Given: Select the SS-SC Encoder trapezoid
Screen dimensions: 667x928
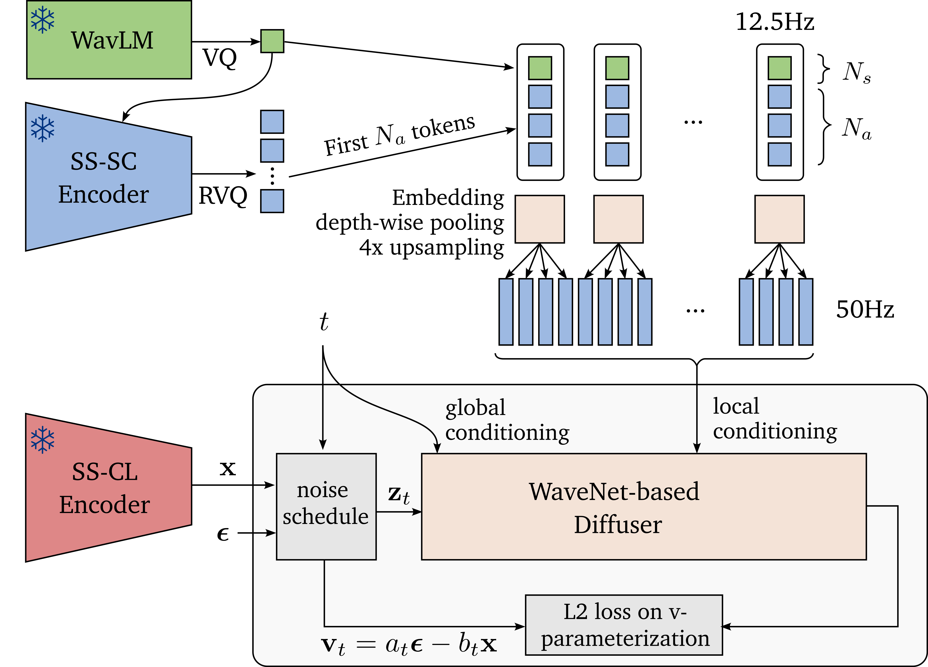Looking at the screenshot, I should (104, 177).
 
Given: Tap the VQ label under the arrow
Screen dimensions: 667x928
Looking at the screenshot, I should (220, 58).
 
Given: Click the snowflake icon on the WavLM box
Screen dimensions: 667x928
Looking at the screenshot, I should (42, 20).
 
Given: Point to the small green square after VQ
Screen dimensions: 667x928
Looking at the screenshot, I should (272, 41).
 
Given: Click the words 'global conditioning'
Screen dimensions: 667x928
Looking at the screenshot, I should (506, 420).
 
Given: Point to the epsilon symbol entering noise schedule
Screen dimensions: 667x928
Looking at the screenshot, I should (223, 534).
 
